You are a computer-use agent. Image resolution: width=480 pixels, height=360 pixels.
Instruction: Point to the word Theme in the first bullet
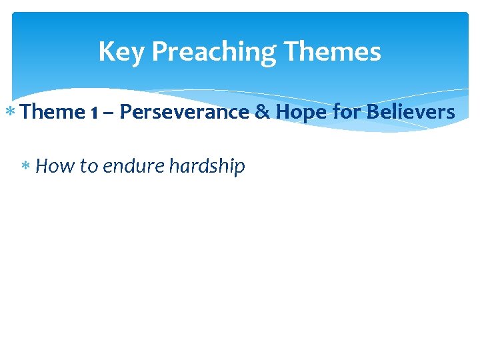pyautogui.click(x=53, y=112)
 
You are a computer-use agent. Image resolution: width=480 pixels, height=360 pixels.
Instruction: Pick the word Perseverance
pyautogui.click(x=183, y=112)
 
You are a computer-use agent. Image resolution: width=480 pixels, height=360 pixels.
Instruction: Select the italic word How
pyautogui.click(x=55, y=166)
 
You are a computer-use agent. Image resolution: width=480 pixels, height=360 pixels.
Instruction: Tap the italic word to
pyautogui.click(x=88, y=166)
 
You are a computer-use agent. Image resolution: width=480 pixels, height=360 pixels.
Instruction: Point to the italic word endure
pyautogui.click(x=133, y=166)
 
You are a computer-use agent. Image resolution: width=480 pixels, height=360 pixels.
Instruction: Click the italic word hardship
pyautogui.click(x=207, y=166)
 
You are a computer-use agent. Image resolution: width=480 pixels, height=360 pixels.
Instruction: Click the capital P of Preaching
pyautogui.click(x=160, y=52)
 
